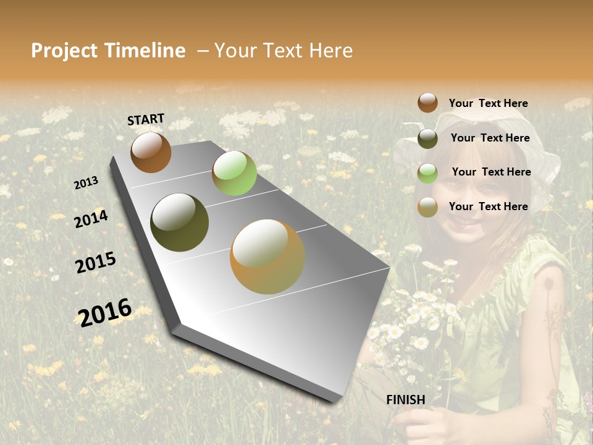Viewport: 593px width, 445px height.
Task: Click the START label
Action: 146,119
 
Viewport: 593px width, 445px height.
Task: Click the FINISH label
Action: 405,400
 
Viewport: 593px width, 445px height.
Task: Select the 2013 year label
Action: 86,183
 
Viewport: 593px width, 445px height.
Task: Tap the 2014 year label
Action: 91,219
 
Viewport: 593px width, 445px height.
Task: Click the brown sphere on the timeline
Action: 151,152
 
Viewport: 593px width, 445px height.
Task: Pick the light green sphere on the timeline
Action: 234,173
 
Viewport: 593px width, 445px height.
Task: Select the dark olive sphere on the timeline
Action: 180,222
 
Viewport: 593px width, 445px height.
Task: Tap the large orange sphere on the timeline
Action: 267,256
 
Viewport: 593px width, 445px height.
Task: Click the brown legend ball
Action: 427,103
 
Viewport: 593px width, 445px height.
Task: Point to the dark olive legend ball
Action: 427,138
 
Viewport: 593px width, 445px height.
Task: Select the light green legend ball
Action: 427,173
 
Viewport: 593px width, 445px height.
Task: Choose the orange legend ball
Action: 427,207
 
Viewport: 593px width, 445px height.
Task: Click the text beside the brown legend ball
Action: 488,103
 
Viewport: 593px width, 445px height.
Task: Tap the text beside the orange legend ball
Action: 488,206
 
